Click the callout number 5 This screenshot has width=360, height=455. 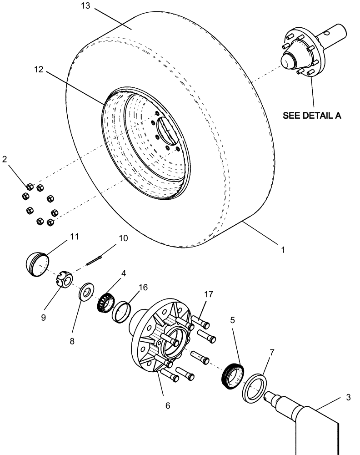(232, 320)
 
